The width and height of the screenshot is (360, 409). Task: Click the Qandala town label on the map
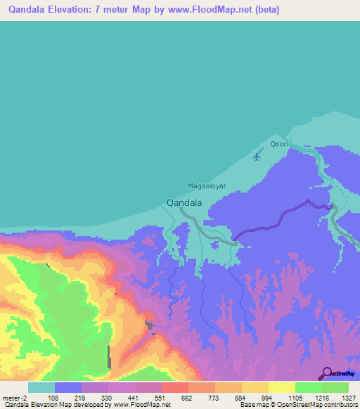click(x=185, y=202)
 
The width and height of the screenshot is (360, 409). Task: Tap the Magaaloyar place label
click(x=207, y=186)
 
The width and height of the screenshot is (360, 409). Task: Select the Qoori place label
click(x=279, y=144)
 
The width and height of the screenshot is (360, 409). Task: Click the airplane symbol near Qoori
click(x=256, y=156)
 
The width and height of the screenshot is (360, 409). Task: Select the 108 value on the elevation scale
click(x=51, y=397)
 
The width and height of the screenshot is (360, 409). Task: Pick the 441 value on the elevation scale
click(x=131, y=397)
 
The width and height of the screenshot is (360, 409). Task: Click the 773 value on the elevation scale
click(x=212, y=397)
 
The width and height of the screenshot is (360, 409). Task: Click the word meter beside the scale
click(x=11, y=397)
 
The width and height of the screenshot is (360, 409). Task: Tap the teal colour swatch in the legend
click(x=41, y=387)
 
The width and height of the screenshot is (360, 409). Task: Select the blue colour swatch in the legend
click(x=68, y=387)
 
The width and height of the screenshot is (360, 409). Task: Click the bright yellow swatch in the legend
click(x=282, y=387)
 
